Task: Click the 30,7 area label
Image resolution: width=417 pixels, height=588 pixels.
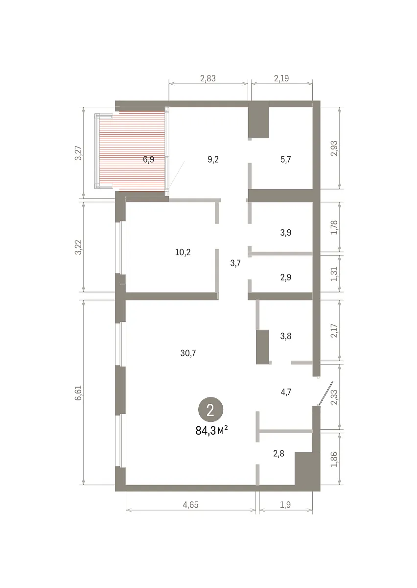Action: click(188, 353)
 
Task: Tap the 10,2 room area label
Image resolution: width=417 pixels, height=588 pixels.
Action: click(183, 252)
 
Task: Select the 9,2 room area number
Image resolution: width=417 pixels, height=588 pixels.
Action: click(213, 159)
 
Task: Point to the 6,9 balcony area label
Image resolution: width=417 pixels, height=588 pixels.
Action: click(149, 159)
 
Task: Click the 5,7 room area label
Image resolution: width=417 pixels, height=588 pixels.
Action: click(286, 159)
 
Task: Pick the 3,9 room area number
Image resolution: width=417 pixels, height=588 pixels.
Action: click(286, 232)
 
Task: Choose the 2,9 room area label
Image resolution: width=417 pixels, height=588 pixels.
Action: click(286, 277)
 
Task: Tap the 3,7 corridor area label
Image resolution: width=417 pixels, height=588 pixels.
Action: click(235, 263)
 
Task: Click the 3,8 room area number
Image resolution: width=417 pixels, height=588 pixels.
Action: click(286, 336)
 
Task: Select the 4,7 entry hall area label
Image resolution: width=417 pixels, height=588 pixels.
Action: click(286, 392)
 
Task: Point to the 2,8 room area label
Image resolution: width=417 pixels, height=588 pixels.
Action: click(278, 453)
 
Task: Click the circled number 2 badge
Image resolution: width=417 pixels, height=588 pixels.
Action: click(210, 411)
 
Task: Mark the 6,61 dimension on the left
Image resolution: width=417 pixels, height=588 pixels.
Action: click(79, 392)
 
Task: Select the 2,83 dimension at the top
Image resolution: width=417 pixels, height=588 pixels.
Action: click(208, 78)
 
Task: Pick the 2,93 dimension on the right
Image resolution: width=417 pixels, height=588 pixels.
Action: click(334, 148)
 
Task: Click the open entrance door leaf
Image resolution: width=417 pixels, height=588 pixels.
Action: click(326, 394)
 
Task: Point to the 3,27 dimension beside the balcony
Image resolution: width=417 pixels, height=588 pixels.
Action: click(79, 153)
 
